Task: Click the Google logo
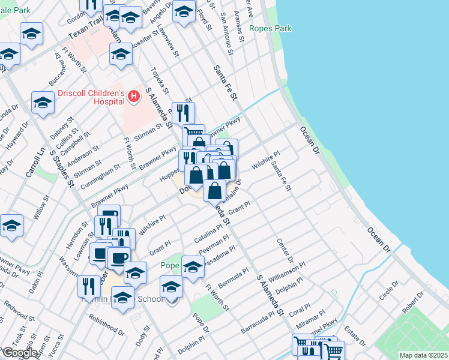pos(19,353)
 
